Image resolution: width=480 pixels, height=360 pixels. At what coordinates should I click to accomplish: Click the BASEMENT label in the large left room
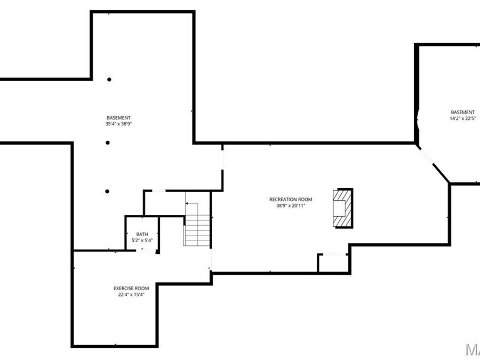click(118, 118)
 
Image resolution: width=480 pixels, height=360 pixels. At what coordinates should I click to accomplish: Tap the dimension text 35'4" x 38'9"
click(118, 124)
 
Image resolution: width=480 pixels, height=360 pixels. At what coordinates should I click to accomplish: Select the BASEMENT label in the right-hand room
click(462, 112)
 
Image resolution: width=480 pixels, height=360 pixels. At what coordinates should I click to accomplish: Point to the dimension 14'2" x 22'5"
click(462, 118)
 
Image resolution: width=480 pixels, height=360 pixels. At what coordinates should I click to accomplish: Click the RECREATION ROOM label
click(291, 199)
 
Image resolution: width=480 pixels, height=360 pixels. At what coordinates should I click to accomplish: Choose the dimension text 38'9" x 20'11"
click(291, 205)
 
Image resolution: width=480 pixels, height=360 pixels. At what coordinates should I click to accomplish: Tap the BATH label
click(142, 234)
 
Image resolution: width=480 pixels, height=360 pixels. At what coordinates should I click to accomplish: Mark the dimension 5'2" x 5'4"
click(142, 241)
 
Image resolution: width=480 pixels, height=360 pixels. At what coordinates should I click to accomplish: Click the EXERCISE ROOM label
click(131, 288)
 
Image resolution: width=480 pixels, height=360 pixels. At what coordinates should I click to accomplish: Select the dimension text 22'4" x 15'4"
click(131, 294)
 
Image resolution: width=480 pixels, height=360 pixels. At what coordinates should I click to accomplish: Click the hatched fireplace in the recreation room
click(341, 208)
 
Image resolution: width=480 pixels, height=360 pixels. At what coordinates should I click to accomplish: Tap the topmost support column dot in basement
click(109, 79)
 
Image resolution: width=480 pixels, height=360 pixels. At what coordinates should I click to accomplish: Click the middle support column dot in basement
click(108, 142)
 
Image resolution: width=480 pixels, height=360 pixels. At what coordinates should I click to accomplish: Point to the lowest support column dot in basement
click(108, 191)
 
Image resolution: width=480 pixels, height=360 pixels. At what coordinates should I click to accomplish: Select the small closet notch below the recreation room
click(333, 263)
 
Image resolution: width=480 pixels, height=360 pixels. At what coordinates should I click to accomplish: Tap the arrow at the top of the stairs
click(192, 205)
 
